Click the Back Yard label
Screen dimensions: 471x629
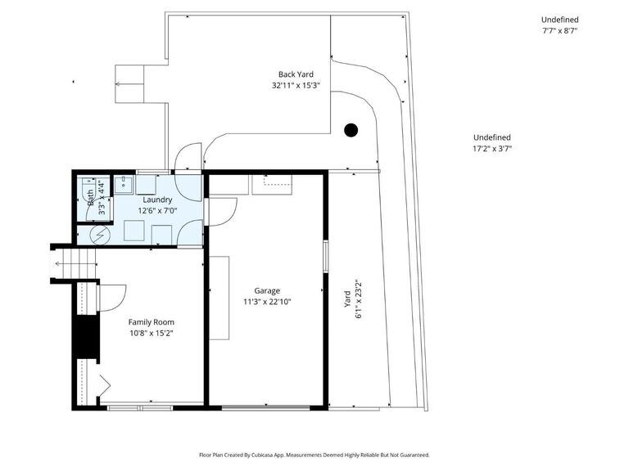(x=296, y=74)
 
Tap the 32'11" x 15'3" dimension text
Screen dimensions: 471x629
(x=296, y=85)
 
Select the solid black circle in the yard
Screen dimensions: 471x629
(x=351, y=129)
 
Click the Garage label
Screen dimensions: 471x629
(x=267, y=290)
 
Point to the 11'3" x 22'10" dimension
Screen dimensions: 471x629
(x=267, y=301)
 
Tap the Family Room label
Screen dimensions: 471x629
(x=151, y=322)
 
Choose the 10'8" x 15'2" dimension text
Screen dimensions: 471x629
(x=151, y=333)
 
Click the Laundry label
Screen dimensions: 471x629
(x=157, y=200)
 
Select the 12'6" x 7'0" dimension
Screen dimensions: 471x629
(x=157, y=210)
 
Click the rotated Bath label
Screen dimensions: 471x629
(x=90, y=196)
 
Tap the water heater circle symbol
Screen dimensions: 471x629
(x=100, y=235)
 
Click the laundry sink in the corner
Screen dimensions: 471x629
(x=124, y=184)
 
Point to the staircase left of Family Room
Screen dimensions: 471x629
(x=77, y=263)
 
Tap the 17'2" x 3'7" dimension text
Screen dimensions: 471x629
(x=491, y=149)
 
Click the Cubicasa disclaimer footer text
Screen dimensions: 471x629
(x=314, y=455)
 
